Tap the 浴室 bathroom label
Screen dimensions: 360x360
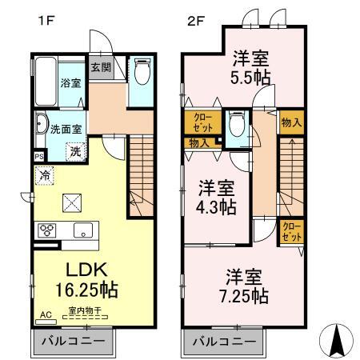click(70, 82)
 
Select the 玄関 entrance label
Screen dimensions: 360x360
click(101, 67)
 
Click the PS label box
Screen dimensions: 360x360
click(38, 156)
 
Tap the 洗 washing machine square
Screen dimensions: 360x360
click(74, 150)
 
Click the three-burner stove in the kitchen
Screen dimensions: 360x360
click(46, 230)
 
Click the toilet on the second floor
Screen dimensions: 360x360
click(236, 126)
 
